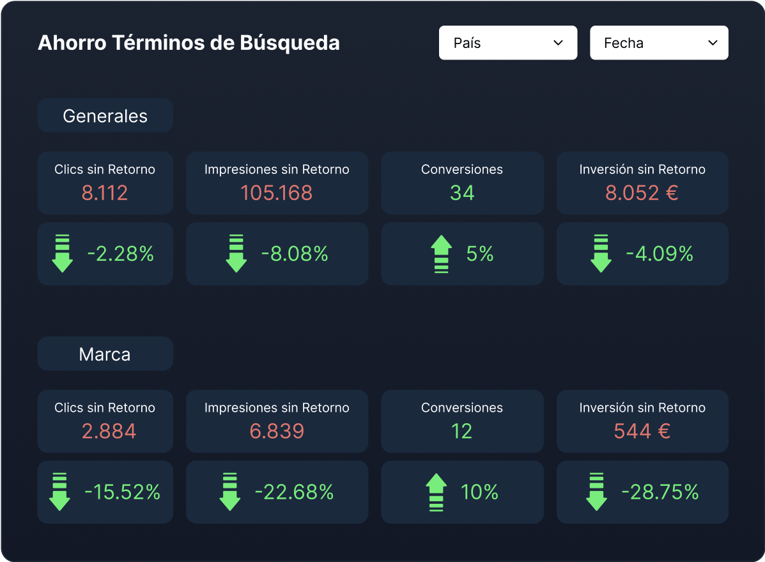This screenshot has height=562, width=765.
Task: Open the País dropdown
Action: [x=507, y=43]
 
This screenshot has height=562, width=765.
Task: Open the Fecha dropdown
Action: [x=658, y=43]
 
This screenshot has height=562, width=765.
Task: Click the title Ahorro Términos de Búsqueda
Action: [x=189, y=43]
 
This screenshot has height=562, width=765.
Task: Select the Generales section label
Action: [x=105, y=116]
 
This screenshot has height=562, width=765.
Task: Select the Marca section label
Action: [x=105, y=354]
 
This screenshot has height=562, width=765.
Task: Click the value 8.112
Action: [x=105, y=192]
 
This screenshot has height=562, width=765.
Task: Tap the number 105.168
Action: [x=277, y=192]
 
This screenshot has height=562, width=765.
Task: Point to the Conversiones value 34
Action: [x=462, y=192]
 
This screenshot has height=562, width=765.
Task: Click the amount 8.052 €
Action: [x=642, y=192]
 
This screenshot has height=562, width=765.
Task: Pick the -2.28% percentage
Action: [x=121, y=254]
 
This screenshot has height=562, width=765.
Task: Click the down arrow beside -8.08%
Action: [x=236, y=254]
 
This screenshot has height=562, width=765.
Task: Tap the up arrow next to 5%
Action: [x=442, y=254]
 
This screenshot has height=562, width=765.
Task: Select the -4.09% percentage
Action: [x=660, y=254]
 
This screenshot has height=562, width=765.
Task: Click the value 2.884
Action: [x=109, y=431]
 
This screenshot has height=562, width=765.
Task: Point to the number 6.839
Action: [x=277, y=431]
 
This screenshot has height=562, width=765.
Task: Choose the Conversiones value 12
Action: [x=462, y=431]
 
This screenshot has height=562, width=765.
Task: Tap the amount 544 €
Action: [x=642, y=431]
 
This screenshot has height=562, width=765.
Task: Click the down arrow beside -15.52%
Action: [x=59, y=492]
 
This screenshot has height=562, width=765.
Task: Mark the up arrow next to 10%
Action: [x=436, y=492]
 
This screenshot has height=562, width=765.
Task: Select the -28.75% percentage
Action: [x=660, y=492]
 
